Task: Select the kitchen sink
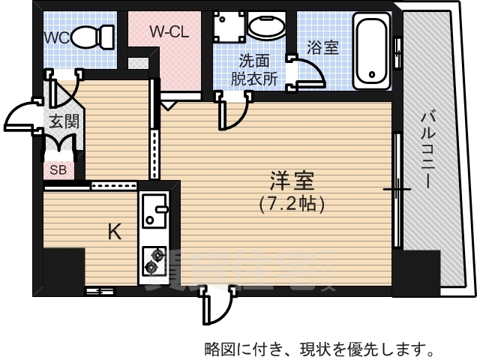pyautogui.click(x=154, y=209)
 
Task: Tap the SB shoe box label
pyautogui.click(x=58, y=169)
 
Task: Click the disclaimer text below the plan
pyautogui.click(x=319, y=348)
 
